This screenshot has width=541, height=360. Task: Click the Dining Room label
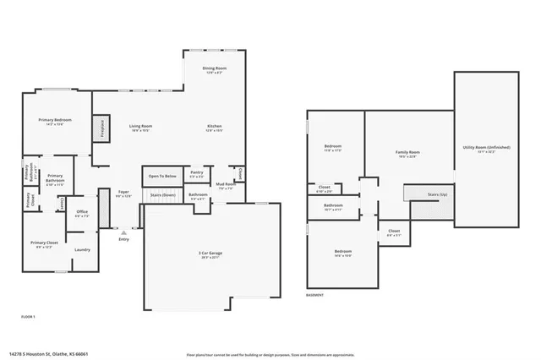[x=214, y=68]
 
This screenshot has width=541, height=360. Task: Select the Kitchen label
[x=214, y=126]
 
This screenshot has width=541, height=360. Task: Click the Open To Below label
[x=161, y=176]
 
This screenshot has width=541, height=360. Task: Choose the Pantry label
[x=196, y=172]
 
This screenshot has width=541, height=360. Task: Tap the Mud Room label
[x=224, y=184]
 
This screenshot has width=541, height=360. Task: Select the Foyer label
[x=123, y=192]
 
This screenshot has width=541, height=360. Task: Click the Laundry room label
[x=82, y=249]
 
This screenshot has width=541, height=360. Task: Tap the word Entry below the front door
[x=123, y=240]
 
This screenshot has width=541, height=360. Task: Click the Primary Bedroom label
[x=55, y=120]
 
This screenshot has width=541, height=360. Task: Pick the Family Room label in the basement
[x=407, y=152]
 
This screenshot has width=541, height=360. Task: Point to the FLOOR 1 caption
[x=28, y=315]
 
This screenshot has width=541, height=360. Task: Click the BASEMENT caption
[x=315, y=295]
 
